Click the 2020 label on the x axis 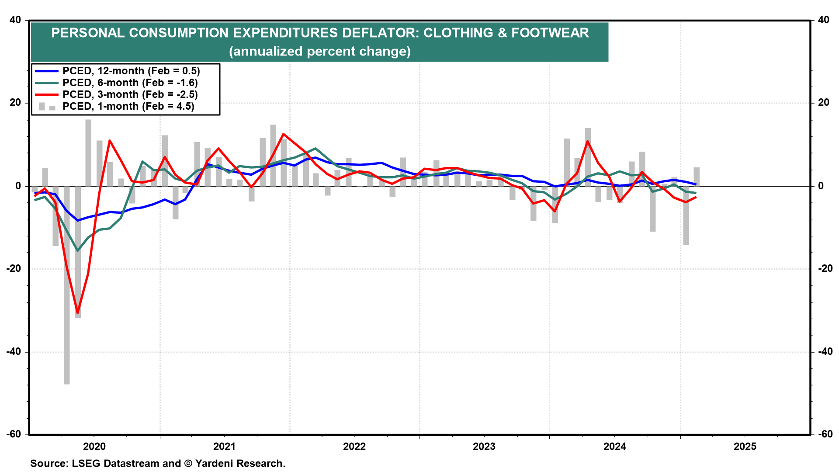[94, 446]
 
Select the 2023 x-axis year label [484, 446]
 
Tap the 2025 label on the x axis [745, 446]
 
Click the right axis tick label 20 [823, 103]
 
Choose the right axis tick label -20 [823, 269]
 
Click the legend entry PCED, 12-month [131, 71]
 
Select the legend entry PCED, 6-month [130, 83]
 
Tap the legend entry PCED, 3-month [130, 94]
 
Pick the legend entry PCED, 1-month [128, 106]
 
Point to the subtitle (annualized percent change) [319, 51]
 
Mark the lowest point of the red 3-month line [78, 313]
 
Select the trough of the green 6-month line [78, 250]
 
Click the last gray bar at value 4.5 [697, 177]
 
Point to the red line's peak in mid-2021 [283, 134]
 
